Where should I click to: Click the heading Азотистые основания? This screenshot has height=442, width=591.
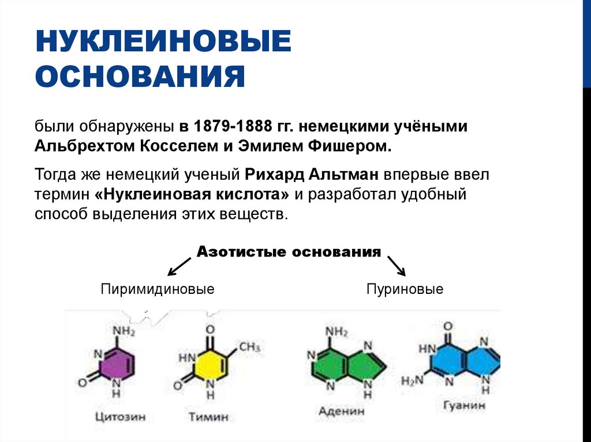click(289, 252)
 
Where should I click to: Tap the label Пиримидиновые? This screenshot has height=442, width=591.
click(158, 289)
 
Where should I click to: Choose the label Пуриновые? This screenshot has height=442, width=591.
click(405, 289)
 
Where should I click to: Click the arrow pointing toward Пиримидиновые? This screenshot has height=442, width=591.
click(178, 266)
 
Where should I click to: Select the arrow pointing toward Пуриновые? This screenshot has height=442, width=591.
click(397, 266)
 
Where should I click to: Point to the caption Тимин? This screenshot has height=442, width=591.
click(208, 415)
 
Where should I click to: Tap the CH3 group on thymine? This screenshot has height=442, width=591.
click(249, 347)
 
